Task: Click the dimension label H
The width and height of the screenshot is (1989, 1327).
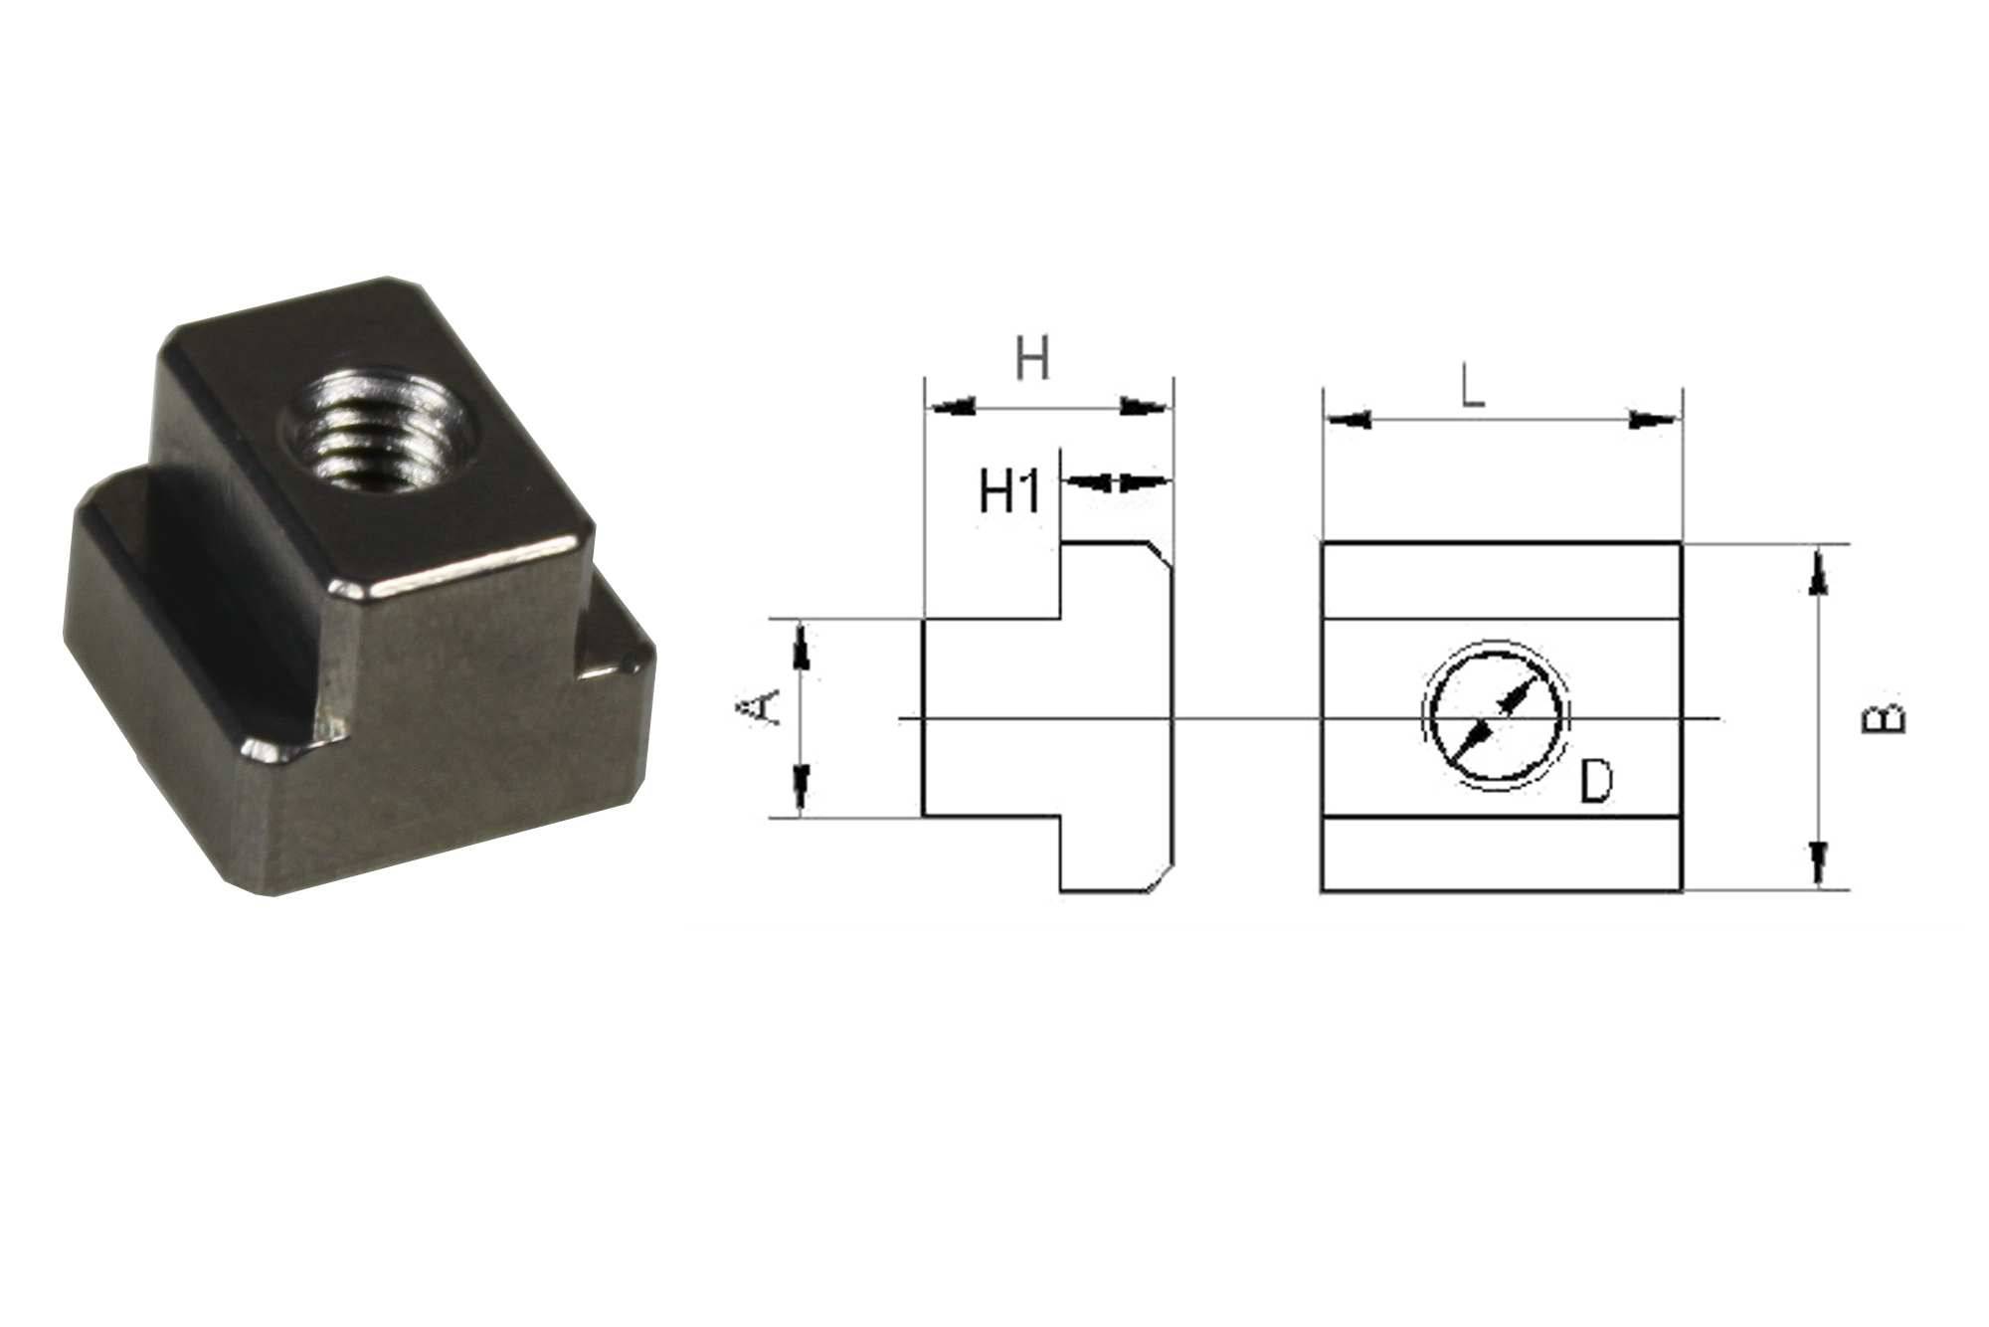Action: (x=1032, y=359)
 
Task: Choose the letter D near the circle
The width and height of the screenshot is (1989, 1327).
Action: (x=1595, y=782)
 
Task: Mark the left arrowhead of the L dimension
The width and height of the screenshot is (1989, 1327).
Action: (x=1350, y=420)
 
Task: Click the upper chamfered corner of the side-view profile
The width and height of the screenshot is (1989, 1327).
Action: (x=1163, y=553)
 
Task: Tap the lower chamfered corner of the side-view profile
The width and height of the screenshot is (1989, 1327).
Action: (x=1163, y=881)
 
